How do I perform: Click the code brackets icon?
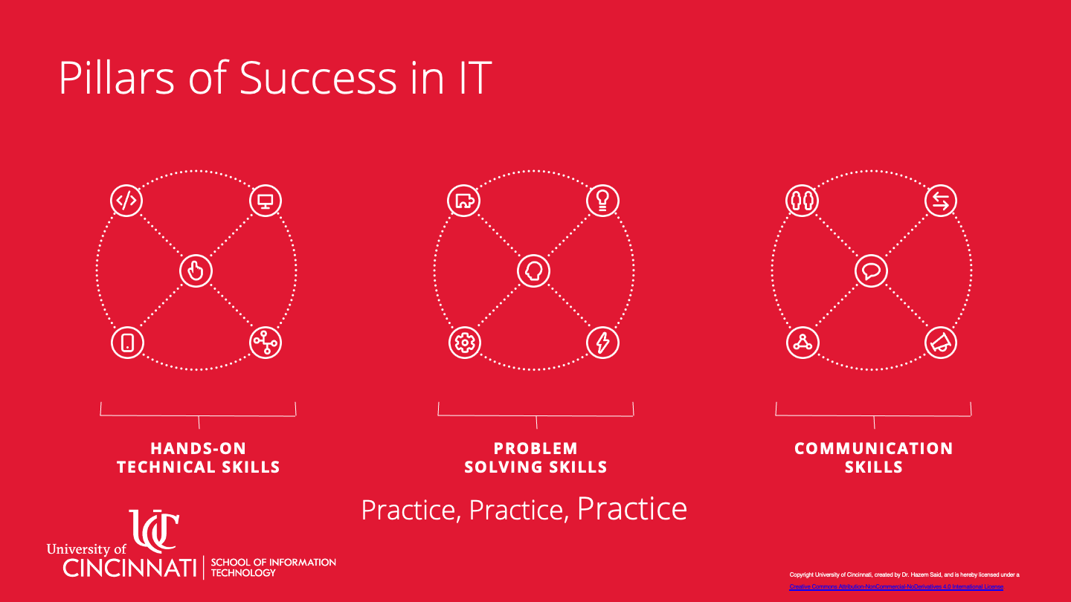[127, 200]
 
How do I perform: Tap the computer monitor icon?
[265, 200]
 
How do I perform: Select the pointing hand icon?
[196, 271]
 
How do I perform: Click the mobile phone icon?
[127, 343]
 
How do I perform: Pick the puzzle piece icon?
[464, 200]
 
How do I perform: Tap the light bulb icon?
[602, 200]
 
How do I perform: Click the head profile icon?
[534, 271]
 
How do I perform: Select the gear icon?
[465, 343]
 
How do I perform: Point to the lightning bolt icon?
[602, 343]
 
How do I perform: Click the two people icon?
[802, 200]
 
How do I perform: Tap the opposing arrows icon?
[940, 200]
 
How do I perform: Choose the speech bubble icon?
[871, 271]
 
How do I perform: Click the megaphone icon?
[940, 343]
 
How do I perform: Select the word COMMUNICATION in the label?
[873, 448]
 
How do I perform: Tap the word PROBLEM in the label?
[535, 448]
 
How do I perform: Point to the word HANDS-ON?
[198, 448]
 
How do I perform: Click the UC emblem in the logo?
[154, 530]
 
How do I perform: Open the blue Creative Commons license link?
[895, 587]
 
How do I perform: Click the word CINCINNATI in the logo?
[129, 569]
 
